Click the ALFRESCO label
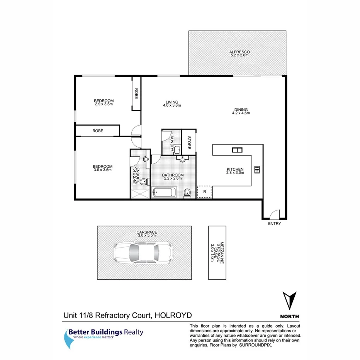pyautogui.click(x=239, y=52)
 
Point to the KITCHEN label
pyautogui.click(x=235, y=169)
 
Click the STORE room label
pyautogui.click(x=189, y=143)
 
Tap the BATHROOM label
pyautogui.click(x=173, y=175)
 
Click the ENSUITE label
pyautogui.click(x=135, y=175)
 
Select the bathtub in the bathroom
pyautogui.click(x=164, y=192)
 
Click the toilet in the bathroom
pyautogui.click(x=187, y=192)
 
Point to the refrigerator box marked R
pyautogui.click(x=205, y=191)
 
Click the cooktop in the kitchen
pyautogui.click(x=257, y=169)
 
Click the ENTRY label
pyautogui.click(x=274, y=224)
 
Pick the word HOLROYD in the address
pyautogui.click(x=173, y=315)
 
